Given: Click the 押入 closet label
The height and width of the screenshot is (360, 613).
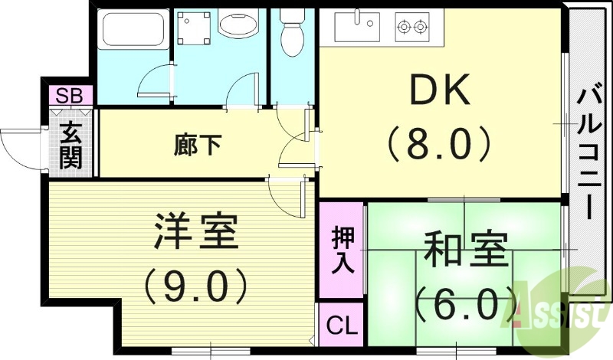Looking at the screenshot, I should [x=342, y=250].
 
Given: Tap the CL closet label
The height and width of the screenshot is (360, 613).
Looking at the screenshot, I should [x=342, y=326].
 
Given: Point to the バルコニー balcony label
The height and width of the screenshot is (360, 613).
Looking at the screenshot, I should [x=588, y=153].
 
